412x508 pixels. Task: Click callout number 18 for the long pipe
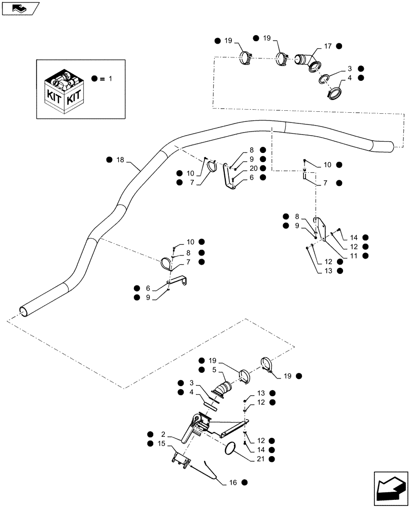point(120,160)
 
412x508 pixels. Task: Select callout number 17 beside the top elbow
point(328,46)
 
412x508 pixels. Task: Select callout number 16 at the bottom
point(234,482)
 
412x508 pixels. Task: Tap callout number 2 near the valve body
point(164,434)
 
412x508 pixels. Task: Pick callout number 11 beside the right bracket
point(352,256)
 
